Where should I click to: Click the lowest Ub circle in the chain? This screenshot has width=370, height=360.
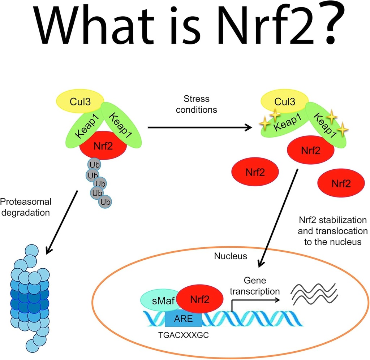tap(106, 201)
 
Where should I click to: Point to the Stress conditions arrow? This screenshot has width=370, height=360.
tap(199, 127)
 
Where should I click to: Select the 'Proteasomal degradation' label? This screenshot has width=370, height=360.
tap(26, 207)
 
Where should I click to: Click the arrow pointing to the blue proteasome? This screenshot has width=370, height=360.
tap(62, 221)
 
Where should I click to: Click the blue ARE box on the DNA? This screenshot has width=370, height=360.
tap(184, 318)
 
